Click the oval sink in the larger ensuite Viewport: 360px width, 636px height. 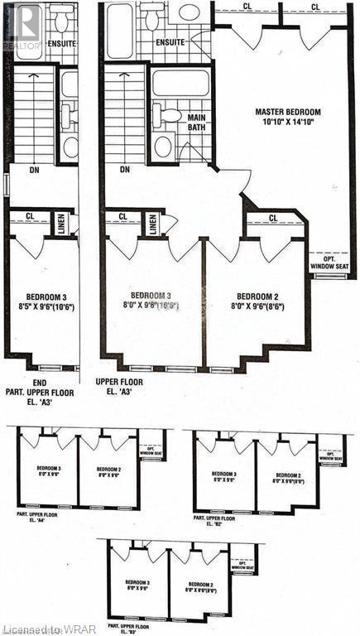click(x=190, y=12)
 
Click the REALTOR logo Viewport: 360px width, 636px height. click(x=22, y=28)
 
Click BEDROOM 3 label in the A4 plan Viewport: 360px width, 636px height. click(x=49, y=470)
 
